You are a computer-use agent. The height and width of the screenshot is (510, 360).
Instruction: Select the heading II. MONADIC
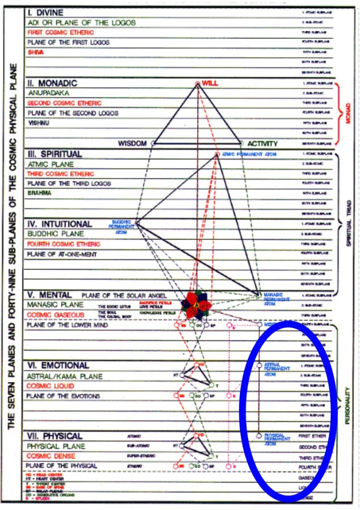point(52,83)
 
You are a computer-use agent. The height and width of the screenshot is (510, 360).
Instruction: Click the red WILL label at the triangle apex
point(210,84)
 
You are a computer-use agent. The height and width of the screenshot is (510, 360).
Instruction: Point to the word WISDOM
point(132,143)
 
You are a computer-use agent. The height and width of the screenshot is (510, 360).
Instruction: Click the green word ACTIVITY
point(262,143)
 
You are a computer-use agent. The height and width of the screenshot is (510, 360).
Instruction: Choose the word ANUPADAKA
point(49,93)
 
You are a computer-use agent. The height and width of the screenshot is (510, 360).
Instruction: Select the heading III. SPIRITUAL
point(54,154)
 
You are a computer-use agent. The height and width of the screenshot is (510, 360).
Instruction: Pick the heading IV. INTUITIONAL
point(59,224)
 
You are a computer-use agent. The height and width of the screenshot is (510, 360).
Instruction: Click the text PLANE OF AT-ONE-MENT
point(62,254)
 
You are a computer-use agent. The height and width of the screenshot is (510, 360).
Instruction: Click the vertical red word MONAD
point(348,114)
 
